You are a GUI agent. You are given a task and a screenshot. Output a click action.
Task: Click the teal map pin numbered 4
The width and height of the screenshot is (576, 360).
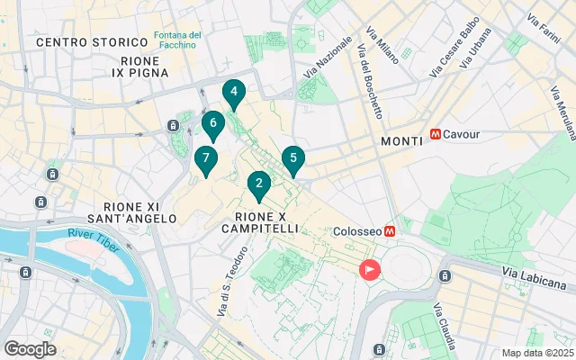click(234, 93)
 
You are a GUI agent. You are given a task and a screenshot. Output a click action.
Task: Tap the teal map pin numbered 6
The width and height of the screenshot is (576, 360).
click(212, 124)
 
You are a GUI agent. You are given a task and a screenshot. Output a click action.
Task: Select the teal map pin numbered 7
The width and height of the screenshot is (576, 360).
click(206, 159)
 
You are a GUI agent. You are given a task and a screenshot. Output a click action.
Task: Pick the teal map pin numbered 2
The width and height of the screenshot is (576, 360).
click(259, 185)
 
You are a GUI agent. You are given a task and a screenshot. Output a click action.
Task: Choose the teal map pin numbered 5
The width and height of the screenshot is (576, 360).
click(293, 159)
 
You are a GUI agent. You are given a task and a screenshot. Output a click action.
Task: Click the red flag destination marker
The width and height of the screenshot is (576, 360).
click(370, 269)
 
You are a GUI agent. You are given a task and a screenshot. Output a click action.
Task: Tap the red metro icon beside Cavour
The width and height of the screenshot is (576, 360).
click(436, 134)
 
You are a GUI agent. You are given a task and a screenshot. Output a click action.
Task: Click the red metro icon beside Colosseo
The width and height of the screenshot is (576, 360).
click(391, 231)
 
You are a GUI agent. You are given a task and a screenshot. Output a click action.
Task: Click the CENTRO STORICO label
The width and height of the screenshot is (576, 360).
click(92, 42)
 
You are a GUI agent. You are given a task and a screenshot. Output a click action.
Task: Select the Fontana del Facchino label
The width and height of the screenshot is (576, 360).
click(177, 41)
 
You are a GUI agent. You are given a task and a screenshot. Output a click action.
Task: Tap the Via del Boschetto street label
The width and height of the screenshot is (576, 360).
click(370, 81)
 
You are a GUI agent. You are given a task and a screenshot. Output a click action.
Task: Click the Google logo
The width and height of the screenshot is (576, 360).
click(30, 349)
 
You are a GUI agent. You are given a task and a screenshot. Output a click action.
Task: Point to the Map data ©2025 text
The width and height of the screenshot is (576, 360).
click(536, 353)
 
